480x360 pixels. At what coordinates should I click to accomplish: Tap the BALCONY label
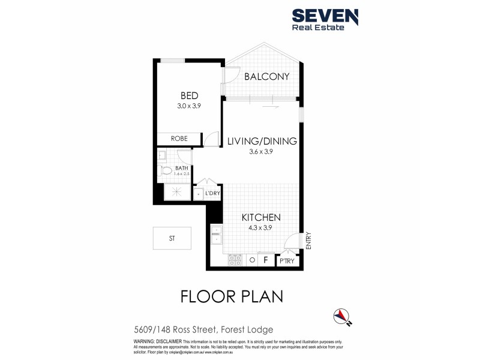click(267, 76)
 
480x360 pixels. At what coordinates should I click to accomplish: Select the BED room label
click(190, 95)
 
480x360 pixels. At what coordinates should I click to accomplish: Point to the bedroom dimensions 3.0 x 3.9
click(190, 105)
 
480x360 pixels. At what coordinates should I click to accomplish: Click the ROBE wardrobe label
click(179, 139)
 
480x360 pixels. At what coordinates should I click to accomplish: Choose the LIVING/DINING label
click(262, 142)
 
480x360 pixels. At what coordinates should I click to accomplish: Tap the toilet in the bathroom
click(167, 172)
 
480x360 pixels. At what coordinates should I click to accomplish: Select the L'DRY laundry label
click(212, 193)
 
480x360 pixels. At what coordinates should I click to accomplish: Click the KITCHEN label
click(261, 217)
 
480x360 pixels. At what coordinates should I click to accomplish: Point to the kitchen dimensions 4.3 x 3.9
click(261, 228)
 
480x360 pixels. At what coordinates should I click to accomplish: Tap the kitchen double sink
click(215, 235)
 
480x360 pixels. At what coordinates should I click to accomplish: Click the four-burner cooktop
click(235, 260)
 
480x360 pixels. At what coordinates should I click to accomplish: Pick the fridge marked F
click(265, 260)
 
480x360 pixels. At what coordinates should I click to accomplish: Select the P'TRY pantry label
click(286, 261)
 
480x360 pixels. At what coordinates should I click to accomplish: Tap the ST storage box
click(172, 238)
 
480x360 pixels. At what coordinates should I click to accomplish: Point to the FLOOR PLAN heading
click(232, 296)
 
